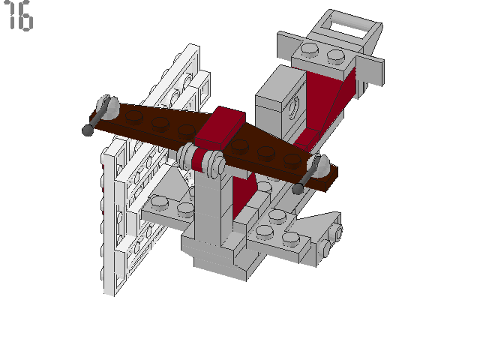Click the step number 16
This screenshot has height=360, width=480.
click(x=19, y=16)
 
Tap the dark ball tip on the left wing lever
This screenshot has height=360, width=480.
click(x=88, y=130)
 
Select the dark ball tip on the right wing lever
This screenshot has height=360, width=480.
click(x=298, y=189)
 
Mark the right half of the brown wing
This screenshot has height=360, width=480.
click(x=277, y=154)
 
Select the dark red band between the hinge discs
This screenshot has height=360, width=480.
click(x=202, y=160)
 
